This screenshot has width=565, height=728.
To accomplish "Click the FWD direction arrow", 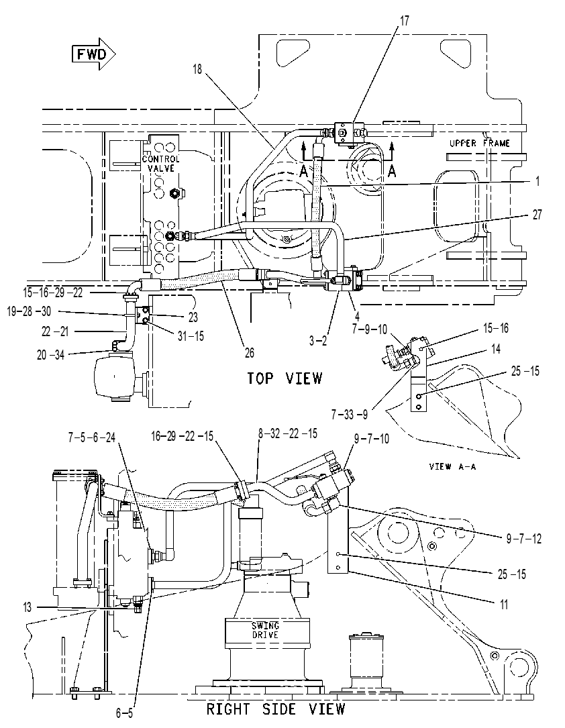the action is coord(93,55).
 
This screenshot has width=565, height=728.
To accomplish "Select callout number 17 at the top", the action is coord(405,21).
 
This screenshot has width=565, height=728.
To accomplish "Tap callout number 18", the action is coord(198,69).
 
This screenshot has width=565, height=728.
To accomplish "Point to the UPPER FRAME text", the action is coord(479,143).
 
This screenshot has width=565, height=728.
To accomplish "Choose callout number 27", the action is coord(537,215).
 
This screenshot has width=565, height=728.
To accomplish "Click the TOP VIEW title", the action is coord(285,378).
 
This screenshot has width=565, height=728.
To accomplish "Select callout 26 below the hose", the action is coord(250,353).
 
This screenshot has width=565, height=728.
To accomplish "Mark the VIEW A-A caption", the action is coord(452,466).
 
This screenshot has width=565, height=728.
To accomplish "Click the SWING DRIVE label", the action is coord(265,630).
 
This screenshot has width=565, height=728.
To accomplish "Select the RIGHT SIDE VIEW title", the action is coord(276,709).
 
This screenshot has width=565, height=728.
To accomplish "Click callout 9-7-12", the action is coord(523,539).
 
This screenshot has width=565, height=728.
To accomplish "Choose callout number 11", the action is coord(503,604).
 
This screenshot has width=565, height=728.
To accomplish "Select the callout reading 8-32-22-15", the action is coord(288,433).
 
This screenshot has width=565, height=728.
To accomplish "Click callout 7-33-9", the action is coord(350,414).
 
